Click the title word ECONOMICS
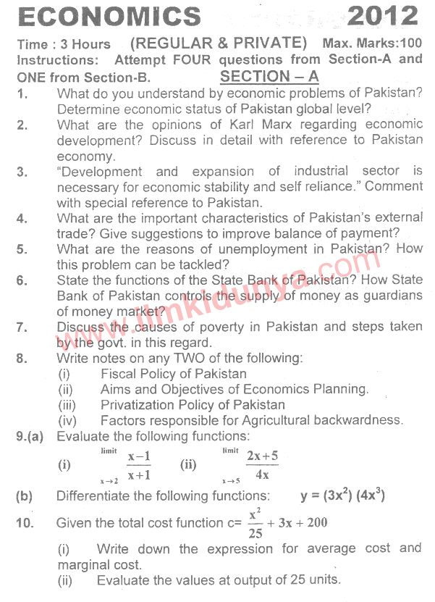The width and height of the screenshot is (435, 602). (108, 17)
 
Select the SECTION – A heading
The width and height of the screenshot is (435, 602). (269, 76)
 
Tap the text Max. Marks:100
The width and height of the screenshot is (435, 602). (372, 44)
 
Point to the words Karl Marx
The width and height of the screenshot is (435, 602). (251, 125)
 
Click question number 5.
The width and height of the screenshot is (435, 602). (22, 249)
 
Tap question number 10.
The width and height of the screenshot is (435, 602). (25, 523)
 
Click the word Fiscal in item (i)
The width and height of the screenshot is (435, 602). (117, 374)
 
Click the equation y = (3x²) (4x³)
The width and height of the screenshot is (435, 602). (342, 496)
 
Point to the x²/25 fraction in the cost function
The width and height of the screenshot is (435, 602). (254, 523)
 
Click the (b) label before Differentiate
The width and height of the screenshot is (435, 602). (24, 497)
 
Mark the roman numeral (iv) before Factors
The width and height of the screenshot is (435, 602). (67, 419)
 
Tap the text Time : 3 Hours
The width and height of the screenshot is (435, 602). (64, 44)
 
